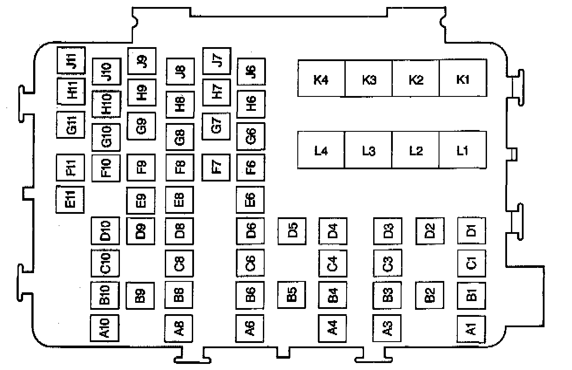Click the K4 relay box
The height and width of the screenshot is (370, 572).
click(321, 79)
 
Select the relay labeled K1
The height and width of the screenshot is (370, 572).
click(463, 79)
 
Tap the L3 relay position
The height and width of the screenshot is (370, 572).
click(368, 151)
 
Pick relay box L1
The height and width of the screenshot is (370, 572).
click(463, 151)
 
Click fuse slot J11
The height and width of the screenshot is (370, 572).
click(71, 60)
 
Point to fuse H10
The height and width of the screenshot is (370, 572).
click(106, 104)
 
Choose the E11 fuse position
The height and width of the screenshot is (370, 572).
click(71, 199)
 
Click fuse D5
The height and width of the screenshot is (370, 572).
click(292, 230)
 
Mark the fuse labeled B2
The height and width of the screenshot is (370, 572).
click(429, 295)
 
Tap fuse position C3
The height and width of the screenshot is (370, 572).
click(387, 263)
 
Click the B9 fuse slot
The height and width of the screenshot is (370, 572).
click(140, 295)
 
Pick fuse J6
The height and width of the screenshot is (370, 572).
click(251, 71)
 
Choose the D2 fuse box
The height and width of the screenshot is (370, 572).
click(429, 230)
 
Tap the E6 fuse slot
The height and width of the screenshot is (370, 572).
click(251, 199)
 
